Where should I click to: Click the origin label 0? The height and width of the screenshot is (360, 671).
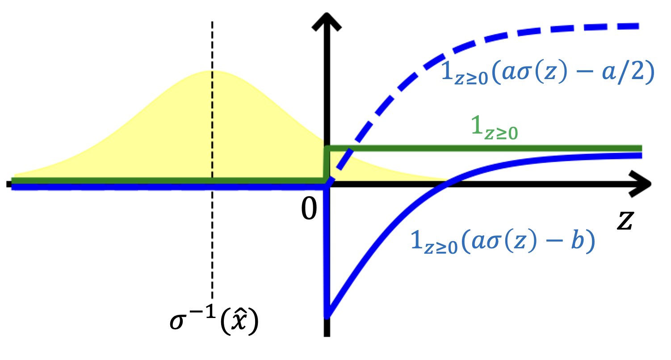(308, 210)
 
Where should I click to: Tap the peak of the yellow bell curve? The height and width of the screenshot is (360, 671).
(212, 71)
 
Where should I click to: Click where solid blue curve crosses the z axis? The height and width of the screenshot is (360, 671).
(448, 183)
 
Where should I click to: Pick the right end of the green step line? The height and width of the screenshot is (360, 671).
(640, 148)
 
